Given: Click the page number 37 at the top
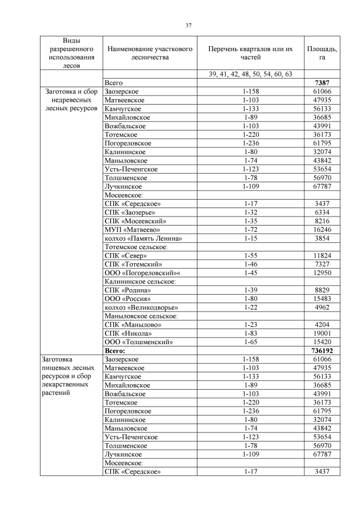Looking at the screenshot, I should click(189, 25).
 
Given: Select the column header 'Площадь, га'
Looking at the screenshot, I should click(322, 53).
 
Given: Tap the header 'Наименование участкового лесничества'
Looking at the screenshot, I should click(149, 53).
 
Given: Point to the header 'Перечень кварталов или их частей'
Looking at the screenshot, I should click(250, 53).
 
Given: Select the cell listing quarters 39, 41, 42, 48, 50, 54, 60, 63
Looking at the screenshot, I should click(250, 74).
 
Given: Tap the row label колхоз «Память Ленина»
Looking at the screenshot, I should click(143, 238).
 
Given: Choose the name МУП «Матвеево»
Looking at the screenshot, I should click(133, 229).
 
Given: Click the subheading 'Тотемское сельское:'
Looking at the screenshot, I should click(137, 247).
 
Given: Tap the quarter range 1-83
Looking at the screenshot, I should click(250, 333).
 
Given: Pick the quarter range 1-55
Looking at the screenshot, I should click(250, 256).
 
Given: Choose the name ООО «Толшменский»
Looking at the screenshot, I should click(138, 341).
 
